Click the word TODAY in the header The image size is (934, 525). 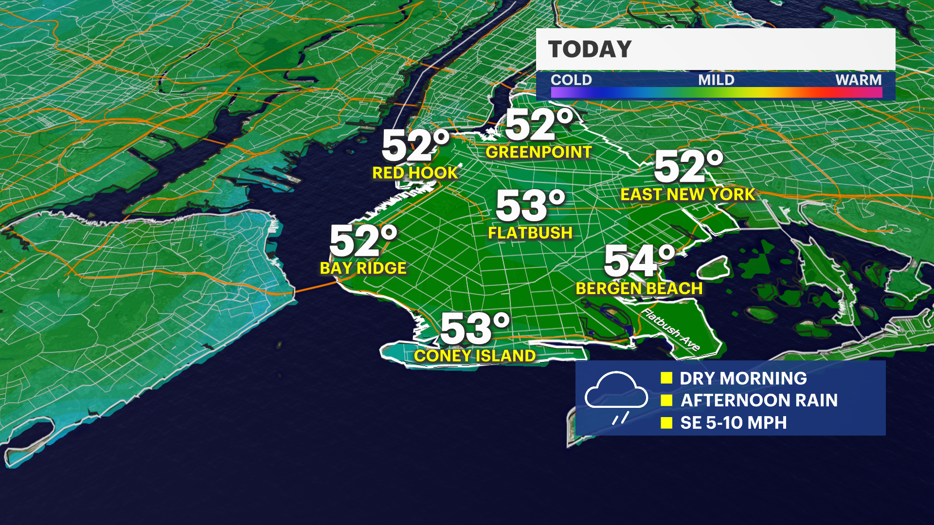coord(590,50)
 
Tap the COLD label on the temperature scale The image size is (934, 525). coord(571,80)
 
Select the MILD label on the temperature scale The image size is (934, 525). coord(716,80)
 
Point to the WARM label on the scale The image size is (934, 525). coord(858,80)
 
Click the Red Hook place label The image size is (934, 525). coord(415,173)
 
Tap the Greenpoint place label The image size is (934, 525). coord(539,152)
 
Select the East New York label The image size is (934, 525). coord(687,194)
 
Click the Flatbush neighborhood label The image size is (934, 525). coord(530,233)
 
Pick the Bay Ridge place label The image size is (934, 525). coord(363,268)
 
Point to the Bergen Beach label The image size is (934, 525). coord(639,289)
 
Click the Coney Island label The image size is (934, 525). coord(475,356)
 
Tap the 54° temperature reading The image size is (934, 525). coord(639,261)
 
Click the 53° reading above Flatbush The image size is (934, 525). coord(530,206)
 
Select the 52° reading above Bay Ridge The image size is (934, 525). coord(363,241)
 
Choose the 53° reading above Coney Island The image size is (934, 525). coord(474,329)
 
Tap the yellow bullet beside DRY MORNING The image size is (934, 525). coord(666,378)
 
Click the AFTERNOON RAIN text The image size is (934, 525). coord(759,401)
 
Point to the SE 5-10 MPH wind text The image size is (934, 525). coord(733,423)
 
